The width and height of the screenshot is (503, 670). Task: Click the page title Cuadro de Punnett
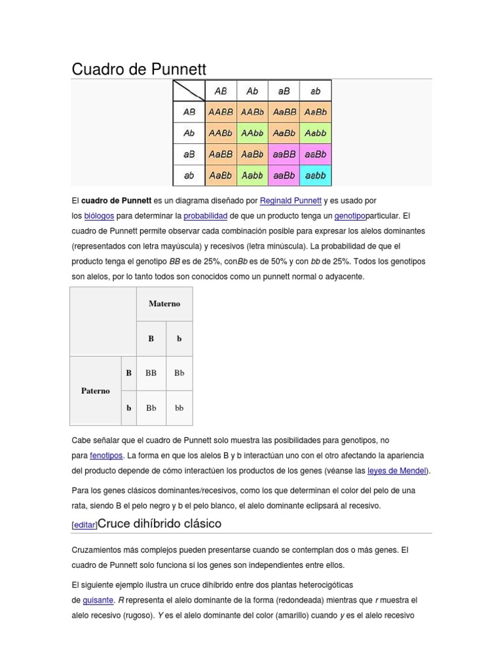pyautogui.click(x=138, y=69)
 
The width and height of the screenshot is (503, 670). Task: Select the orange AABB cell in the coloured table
pyautogui.click(x=221, y=112)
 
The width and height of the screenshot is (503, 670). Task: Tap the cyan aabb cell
pyautogui.click(x=316, y=175)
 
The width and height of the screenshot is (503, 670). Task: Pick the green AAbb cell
pyautogui.click(x=252, y=133)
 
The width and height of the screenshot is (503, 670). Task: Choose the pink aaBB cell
pyautogui.click(x=284, y=154)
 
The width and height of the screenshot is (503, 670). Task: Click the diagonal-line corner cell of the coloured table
pyautogui.click(x=189, y=91)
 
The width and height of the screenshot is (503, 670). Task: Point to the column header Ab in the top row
pyautogui.click(x=252, y=91)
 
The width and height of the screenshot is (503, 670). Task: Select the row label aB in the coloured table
pyautogui.click(x=189, y=154)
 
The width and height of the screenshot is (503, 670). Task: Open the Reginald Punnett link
pyautogui.click(x=290, y=201)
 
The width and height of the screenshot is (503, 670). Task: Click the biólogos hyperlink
pyautogui.click(x=99, y=216)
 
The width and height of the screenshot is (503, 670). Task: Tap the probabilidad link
pyautogui.click(x=205, y=216)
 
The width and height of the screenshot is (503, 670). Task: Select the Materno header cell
pyautogui.click(x=164, y=304)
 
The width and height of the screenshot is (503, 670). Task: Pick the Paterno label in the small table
pyautogui.click(x=96, y=391)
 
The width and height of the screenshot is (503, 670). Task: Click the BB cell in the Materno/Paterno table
pyautogui.click(x=151, y=373)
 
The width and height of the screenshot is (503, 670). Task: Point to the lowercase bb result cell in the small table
pyautogui.click(x=179, y=408)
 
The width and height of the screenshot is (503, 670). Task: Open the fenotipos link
pyautogui.click(x=105, y=455)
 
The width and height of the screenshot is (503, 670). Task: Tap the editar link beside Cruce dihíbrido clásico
pyautogui.click(x=84, y=525)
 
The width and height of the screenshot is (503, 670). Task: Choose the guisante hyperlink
pyautogui.click(x=98, y=601)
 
